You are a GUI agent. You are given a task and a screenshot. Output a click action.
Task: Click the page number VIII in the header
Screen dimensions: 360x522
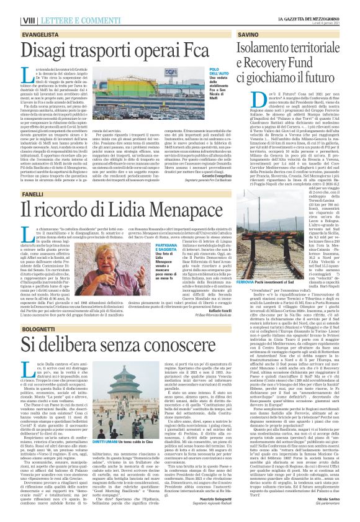(11, 6)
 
